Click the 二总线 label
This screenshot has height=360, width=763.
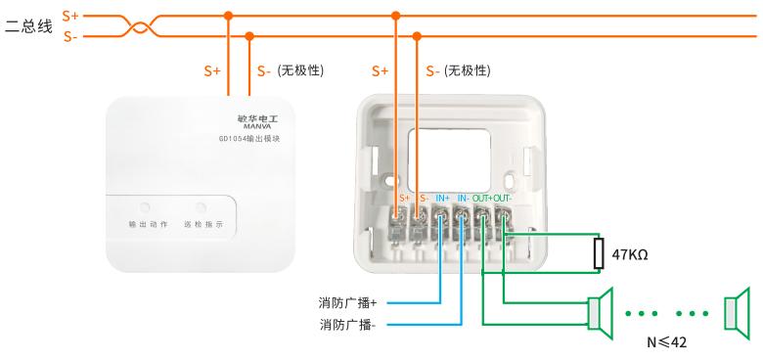pos(28,26)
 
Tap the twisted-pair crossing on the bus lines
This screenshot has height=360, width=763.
pos(139,25)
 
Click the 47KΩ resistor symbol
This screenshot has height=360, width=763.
pos(599,253)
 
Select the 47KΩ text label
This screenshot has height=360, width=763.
pos(630,254)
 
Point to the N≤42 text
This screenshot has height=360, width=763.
pos(667,342)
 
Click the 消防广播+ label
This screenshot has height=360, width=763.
pos(348,303)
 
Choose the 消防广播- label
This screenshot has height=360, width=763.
pos(347,325)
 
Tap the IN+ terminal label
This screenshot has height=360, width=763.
pos(442,199)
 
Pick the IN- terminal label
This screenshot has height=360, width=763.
pos(464,199)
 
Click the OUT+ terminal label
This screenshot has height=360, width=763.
pos(482,199)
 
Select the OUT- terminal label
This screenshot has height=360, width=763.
pos(503,199)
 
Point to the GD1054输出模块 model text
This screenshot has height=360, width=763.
pos(249,139)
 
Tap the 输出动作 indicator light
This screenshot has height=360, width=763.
pos(145,207)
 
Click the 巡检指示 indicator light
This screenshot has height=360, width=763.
pos(201,207)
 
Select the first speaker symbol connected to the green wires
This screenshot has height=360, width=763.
pos(601,313)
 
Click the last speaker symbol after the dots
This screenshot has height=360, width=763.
pos(737,313)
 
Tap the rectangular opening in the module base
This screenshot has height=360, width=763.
pos(449,160)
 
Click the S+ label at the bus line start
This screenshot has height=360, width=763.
pos(70,16)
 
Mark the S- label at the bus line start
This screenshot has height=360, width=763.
pos(70,37)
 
